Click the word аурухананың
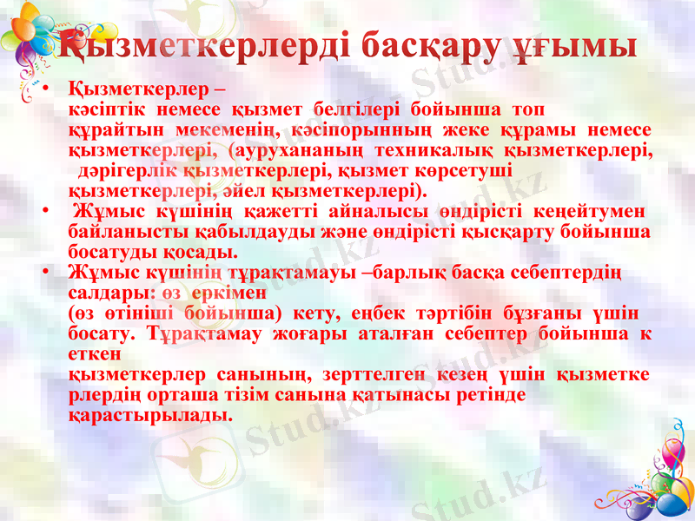click(313, 150)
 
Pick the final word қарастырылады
click(150, 414)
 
